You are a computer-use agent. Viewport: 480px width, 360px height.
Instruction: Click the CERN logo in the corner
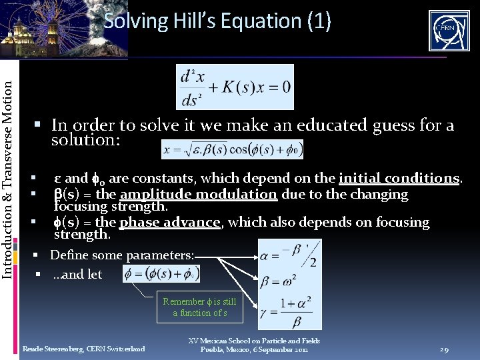point(449,31)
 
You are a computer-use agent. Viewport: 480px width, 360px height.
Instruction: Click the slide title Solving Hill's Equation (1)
point(217,21)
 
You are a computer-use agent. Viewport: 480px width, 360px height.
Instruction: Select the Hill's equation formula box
point(235,87)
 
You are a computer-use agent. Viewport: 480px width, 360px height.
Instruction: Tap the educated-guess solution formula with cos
point(233,150)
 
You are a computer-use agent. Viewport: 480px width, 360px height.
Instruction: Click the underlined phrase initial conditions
point(399,178)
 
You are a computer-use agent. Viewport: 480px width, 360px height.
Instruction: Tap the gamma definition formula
point(289,311)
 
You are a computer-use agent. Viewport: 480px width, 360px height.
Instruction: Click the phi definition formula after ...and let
point(161,273)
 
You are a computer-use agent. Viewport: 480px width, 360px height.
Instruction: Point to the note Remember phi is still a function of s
point(200,307)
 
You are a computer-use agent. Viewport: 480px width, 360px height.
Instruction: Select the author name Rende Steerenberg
point(83,349)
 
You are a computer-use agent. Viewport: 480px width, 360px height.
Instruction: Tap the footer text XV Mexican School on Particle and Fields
point(254,341)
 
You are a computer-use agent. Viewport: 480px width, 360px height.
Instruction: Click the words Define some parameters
point(122,255)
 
